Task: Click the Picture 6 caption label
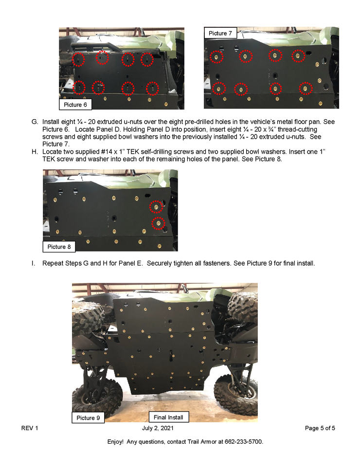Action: [x=75, y=105]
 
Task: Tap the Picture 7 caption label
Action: [x=220, y=33]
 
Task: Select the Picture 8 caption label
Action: [x=59, y=247]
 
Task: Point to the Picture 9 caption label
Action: [x=88, y=417]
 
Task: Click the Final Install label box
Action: [x=168, y=417]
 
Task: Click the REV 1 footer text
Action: [x=30, y=428]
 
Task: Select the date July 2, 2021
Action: [x=158, y=428]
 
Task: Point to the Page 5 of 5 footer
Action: [x=320, y=428]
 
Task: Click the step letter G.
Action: [x=35, y=122]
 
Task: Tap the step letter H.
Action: [x=35, y=152]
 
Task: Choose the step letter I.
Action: [x=33, y=263]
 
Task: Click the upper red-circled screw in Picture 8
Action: [x=156, y=207]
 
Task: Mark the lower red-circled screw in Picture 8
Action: [x=159, y=223]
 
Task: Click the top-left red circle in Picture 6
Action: [x=79, y=59]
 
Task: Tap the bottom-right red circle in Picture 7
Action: [x=306, y=89]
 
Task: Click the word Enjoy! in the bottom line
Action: [x=115, y=442]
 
